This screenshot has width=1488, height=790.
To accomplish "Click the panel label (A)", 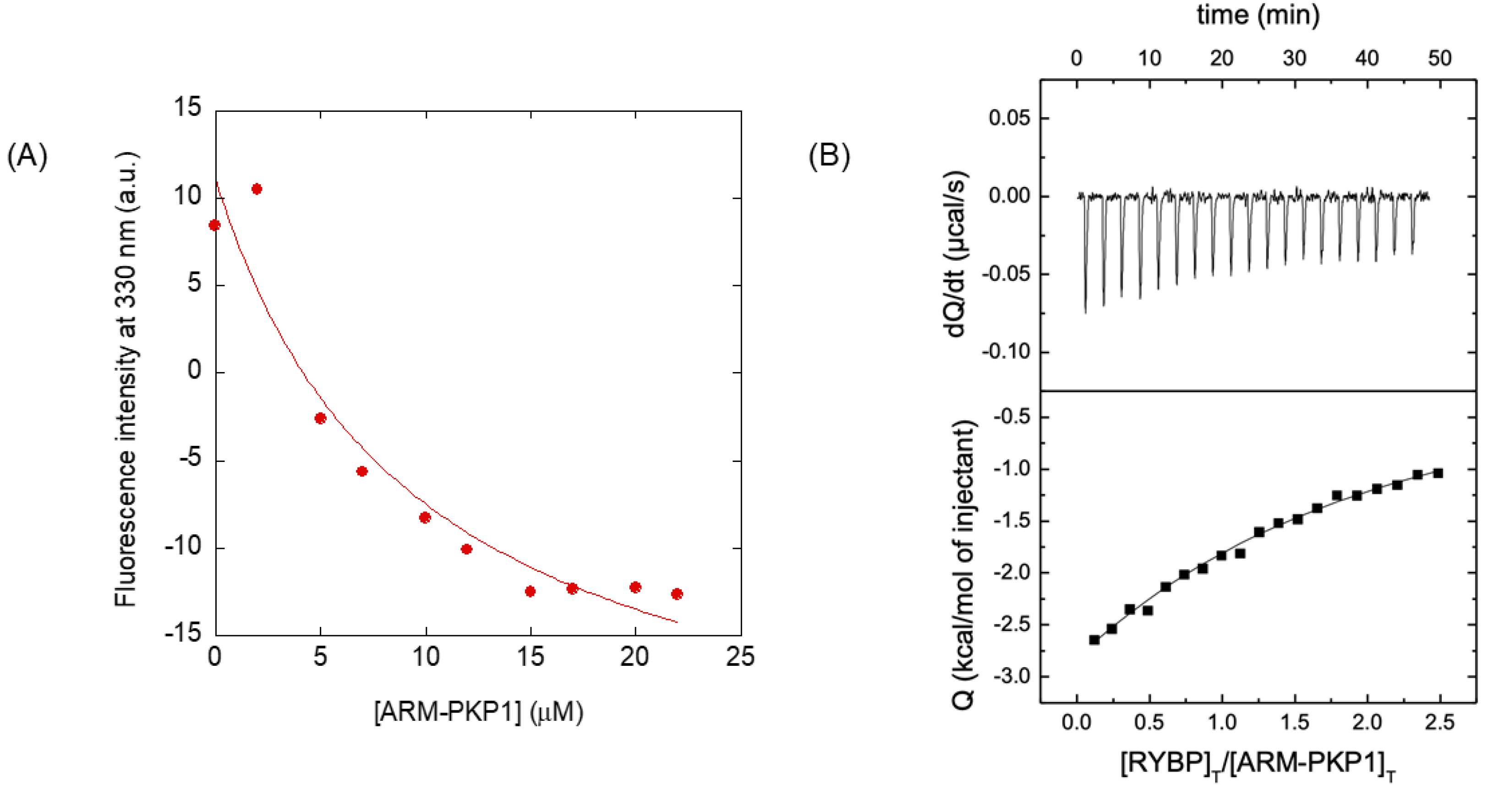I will (27, 156).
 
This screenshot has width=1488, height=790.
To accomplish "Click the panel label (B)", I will (829, 156).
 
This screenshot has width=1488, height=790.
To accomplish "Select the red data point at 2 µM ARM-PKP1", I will (257, 189).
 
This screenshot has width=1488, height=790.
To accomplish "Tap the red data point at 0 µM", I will (214, 225).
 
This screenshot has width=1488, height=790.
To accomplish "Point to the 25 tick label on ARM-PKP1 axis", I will (740, 657).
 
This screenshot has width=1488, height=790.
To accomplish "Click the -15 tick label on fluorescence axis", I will (183, 634).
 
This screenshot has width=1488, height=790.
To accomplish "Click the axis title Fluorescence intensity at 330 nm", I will (126, 379).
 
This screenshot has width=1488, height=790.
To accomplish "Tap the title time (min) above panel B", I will (1258, 15).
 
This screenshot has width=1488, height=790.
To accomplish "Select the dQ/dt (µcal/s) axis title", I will (956, 254).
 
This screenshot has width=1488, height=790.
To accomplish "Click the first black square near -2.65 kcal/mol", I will (1094, 640).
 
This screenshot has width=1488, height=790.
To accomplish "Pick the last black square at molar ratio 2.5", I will (1439, 473).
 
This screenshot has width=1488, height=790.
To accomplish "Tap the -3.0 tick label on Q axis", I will (1011, 676).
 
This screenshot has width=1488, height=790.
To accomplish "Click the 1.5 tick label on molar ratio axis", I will (1295, 722).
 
